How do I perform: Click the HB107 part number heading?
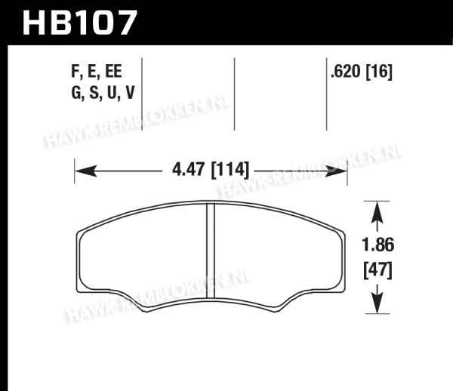pyautogui.click(x=79, y=23)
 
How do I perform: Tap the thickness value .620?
pyautogui.click(x=346, y=71)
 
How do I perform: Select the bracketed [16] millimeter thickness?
pyautogui.click(x=379, y=71)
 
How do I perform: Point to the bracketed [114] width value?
pyautogui.click(x=230, y=170)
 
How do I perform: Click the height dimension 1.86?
pyautogui.click(x=378, y=245)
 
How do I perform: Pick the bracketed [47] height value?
pyautogui.click(x=378, y=270)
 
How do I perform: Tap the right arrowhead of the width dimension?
pyautogui.click(x=336, y=171)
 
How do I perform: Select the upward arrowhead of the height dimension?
pyautogui.click(x=377, y=212)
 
